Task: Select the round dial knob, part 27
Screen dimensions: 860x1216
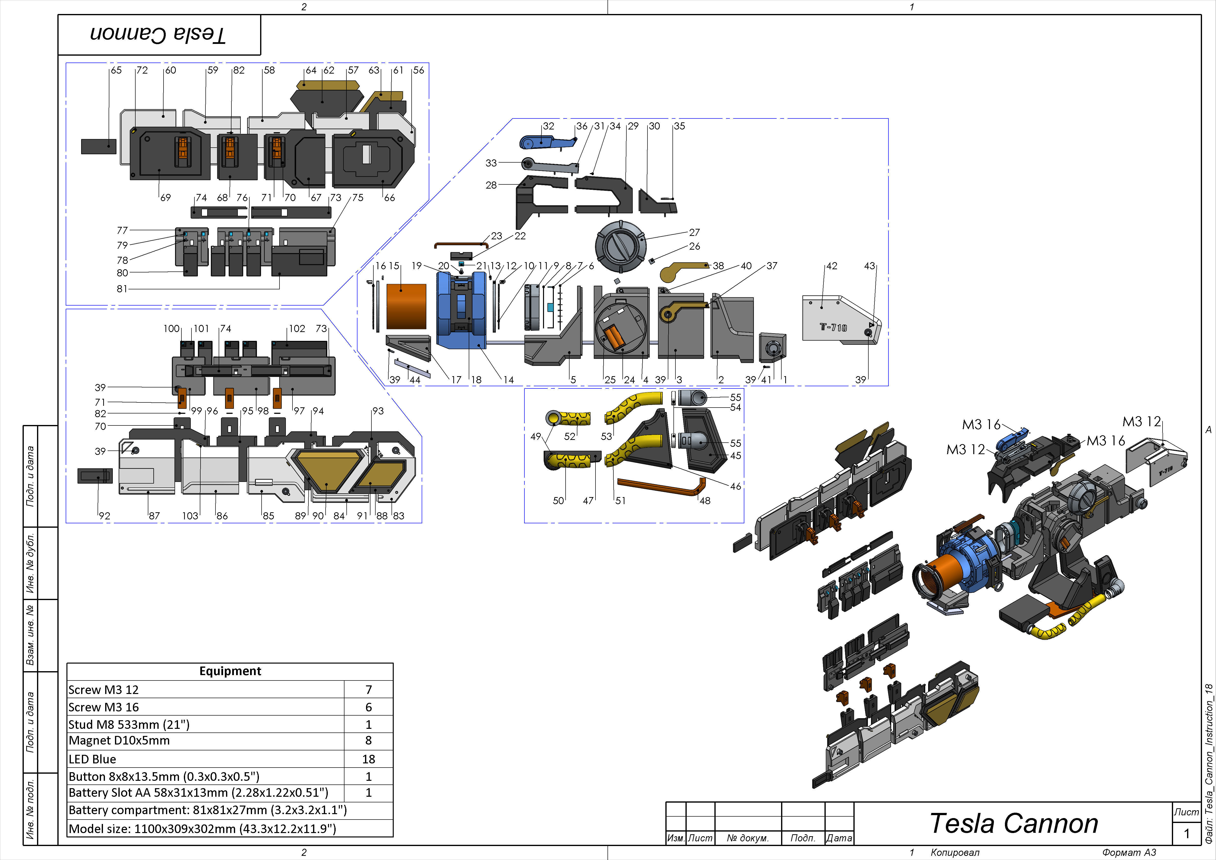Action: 621,246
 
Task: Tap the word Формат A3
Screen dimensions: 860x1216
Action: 1129,852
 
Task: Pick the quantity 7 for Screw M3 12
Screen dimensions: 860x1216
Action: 369,689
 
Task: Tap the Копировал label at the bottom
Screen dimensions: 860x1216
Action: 955,852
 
